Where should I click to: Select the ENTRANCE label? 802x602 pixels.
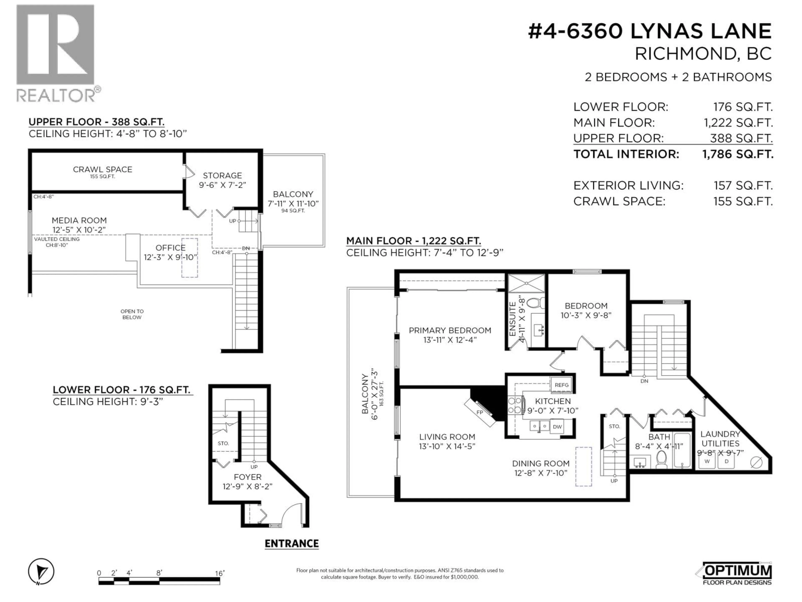click(x=292, y=544)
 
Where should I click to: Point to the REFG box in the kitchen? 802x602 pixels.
click(x=562, y=385)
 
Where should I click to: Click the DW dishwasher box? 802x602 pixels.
click(x=557, y=427)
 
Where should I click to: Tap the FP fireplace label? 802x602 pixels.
click(x=480, y=413)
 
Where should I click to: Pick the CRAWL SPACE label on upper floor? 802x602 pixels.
click(x=103, y=170)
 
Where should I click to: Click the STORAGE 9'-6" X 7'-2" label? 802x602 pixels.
click(x=222, y=180)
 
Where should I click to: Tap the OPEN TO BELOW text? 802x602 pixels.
click(x=132, y=314)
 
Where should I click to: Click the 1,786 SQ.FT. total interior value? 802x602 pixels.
click(x=737, y=154)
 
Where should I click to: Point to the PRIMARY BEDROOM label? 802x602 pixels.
click(x=450, y=330)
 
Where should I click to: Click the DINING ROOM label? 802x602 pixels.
click(x=541, y=464)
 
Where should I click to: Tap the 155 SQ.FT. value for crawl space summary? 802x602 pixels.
click(x=743, y=201)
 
